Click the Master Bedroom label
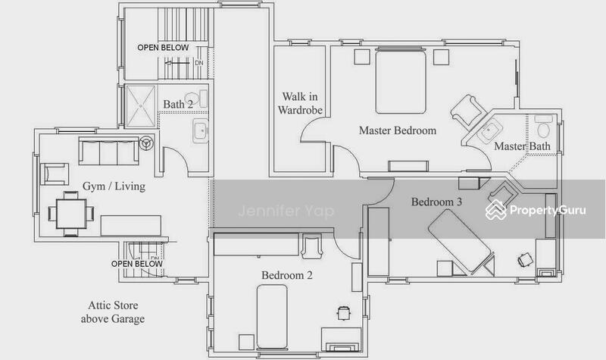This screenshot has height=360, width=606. [397, 130]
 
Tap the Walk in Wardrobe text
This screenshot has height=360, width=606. [300, 103]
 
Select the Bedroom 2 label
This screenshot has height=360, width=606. [287, 275]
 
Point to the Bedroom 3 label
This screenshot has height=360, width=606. [436, 202]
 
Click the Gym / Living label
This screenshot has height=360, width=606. [114, 186]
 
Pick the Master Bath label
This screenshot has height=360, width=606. [522, 146]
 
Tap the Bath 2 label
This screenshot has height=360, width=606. [178, 104]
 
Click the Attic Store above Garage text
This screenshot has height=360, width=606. [113, 312]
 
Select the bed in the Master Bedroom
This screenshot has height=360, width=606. [401, 82]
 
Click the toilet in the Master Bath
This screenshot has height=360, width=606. [543, 127]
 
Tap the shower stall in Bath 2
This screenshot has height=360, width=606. [141, 106]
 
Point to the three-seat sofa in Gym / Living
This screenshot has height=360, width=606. [108, 151]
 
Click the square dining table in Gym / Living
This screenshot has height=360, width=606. [71, 213]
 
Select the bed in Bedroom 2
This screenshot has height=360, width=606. [272, 317]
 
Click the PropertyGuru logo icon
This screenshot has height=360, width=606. [496, 211]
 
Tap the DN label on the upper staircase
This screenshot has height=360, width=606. [199, 63]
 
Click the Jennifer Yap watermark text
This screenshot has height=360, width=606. [286, 211]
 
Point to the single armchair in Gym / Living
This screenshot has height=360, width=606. [55, 174]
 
